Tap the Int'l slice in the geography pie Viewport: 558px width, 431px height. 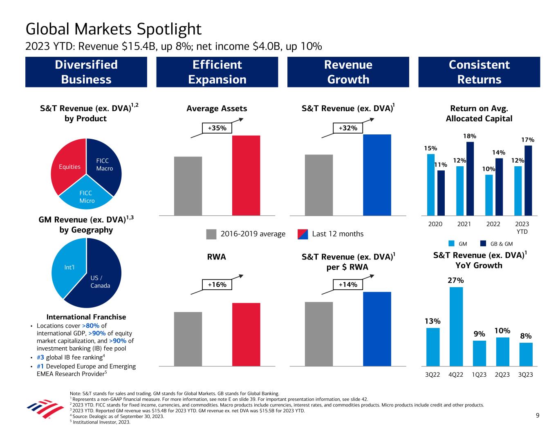click(x=69, y=268)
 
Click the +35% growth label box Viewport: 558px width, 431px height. click(x=217, y=128)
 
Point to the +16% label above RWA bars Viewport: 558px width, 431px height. click(x=217, y=284)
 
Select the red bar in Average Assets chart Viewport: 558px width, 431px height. click(x=246, y=175)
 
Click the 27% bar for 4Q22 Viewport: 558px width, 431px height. click(x=456, y=326)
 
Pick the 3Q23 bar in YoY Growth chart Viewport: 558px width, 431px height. click(x=526, y=354)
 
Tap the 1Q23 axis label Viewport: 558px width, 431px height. click(x=480, y=374)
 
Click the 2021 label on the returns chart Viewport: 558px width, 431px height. click(x=464, y=224)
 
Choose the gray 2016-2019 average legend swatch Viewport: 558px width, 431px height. click(x=211, y=234)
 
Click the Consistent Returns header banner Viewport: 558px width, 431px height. click(x=479, y=72)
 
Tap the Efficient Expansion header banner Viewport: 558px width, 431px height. click(x=217, y=72)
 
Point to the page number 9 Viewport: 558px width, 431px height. click(x=538, y=415)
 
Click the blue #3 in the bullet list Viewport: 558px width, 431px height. click(x=40, y=357)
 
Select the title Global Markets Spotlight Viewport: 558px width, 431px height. click(x=114, y=29)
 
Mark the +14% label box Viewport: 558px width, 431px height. click(x=348, y=284)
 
